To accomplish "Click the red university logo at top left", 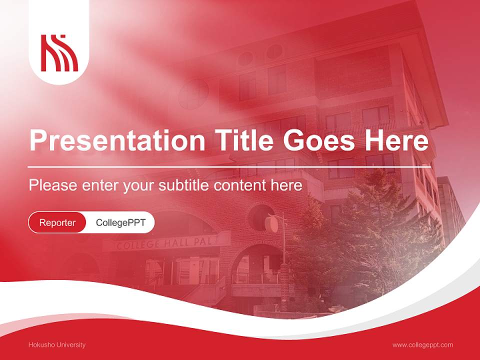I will (x=59, y=52).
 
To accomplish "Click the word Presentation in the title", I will (x=117, y=140).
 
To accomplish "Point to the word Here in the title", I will (x=396, y=140).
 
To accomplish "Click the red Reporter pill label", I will (x=57, y=222).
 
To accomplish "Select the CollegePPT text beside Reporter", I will (x=120, y=222).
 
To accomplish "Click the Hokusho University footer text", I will (x=57, y=344).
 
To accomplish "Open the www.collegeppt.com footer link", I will (x=422, y=344).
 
